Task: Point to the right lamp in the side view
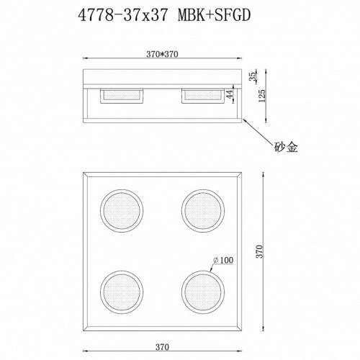point(202,94)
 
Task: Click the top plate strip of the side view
point(163,77)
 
